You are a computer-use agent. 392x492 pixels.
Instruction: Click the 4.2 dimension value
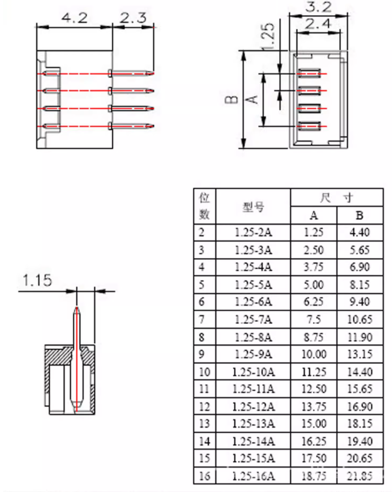pyautogui.click(x=74, y=18)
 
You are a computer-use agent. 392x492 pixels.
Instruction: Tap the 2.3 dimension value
pyautogui.click(x=133, y=18)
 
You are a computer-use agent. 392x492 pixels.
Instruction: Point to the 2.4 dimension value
pyautogui.click(x=318, y=24)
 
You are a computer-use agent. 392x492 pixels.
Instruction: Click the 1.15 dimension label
pyautogui.click(x=37, y=280)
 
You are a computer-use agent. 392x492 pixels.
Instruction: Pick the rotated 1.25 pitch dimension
pyautogui.click(x=268, y=36)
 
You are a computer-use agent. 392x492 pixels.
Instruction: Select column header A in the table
pyautogui.click(x=314, y=216)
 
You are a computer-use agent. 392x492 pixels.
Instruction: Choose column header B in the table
pyautogui.click(x=360, y=216)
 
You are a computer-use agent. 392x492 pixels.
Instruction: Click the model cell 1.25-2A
pyautogui.click(x=253, y=233)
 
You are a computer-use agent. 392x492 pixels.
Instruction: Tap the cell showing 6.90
pyautogui.click(x=360, y=267)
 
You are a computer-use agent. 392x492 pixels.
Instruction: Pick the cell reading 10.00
pyautogui.click(x=314, y=354)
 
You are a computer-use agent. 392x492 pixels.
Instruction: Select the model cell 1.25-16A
pyautogui.click(x=253, y=476)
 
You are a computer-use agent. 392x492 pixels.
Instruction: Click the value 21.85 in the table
pyautogui.click(x=360, y=476)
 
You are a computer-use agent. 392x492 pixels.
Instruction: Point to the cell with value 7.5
pyautogui.click(x=314, y=320)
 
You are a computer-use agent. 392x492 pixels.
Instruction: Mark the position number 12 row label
pyautogui.click(x=204, y=407)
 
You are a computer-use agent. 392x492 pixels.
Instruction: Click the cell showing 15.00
pyautogui.click(x=314, y=424)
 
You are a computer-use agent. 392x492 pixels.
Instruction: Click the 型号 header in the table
pyautogui.click(x=253, y=207)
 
